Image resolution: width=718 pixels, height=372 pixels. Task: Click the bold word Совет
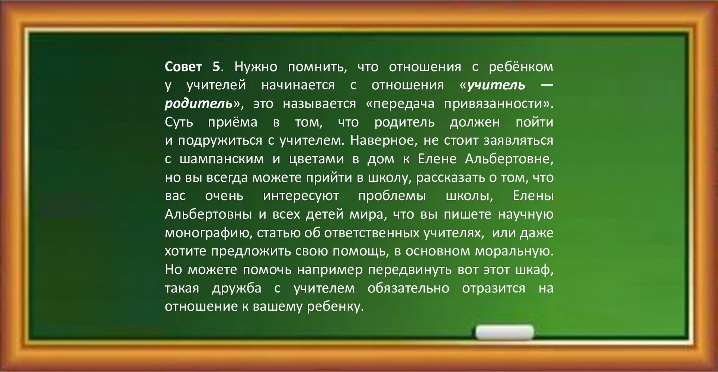pyautogui.click(x=183, y=67)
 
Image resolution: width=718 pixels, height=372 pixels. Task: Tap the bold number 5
pyautogui.click(x=217, y=67)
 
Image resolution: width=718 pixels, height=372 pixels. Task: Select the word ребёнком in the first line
pyautogui.click(x=521, y=67)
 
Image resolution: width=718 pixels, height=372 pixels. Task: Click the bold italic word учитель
pyautogui.click(x=496, y=85)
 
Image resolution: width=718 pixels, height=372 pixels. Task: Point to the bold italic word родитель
pyautogui.click(x=199, y=104)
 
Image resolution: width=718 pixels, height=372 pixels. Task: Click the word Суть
pyautogui.click(x=179, y=122)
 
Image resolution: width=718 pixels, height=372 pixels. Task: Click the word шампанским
pyautogui.click(x=222, y=159)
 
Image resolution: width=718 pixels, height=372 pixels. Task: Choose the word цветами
pyautogui.click(x=317, y=159)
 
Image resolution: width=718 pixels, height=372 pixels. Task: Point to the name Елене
pyautogui.click(x=437, y=159)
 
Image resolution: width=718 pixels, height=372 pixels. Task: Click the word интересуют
pyautogui.click(x=301, y=196)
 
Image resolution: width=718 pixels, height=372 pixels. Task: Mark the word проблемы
pyautogui.click(x=392, y=196)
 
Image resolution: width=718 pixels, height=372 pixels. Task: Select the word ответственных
pyautogui.click(x=372, y=233)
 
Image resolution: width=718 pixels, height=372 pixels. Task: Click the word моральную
pyautogui.click(x=514, y=251)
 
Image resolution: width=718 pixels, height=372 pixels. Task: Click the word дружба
pyautogui.click(x=237, y=288)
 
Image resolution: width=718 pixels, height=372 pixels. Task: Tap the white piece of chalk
pyautogui.click(x=504, y=332)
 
